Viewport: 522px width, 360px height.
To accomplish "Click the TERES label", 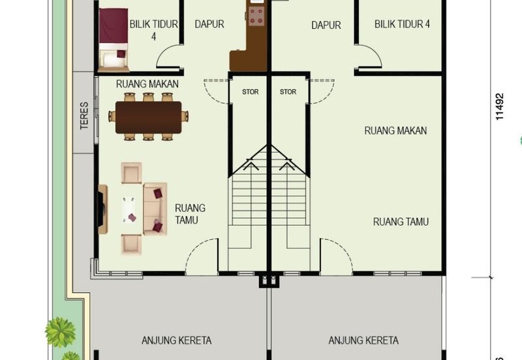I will [85, 115].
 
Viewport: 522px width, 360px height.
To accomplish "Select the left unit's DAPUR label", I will [209, 24].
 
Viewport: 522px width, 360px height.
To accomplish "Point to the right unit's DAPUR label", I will [326, 25].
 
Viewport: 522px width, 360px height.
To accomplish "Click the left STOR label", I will [250, 92].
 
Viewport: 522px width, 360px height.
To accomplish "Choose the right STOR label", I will [288, 92].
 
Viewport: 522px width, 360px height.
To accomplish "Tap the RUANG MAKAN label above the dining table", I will [147, 84].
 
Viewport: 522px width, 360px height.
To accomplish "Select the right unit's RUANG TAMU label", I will [401, 222].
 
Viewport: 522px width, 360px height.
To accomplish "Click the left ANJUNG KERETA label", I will [176, 340].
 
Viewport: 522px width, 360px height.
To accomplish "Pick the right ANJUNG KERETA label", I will [363, 340].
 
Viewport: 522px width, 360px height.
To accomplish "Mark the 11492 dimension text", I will [500, 106].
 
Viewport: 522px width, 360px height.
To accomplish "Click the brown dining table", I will [149, 117].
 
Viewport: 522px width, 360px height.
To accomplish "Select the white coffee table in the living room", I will [129, 209].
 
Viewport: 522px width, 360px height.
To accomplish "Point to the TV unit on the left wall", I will [102, 209].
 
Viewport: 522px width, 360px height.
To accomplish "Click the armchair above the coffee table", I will [131, 173].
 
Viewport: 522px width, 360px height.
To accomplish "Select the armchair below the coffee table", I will [131, 243].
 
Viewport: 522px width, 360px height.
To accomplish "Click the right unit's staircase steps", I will [288, 202].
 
